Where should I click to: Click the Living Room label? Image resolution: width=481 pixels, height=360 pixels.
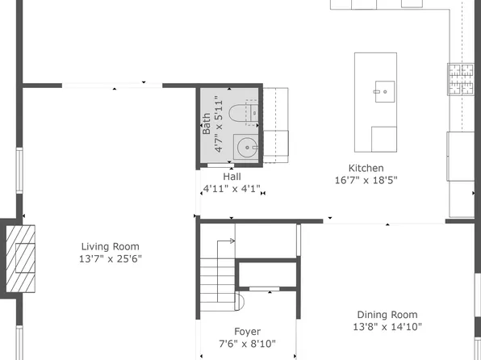(110, 247)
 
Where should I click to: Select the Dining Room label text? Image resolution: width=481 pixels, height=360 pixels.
(387, 315)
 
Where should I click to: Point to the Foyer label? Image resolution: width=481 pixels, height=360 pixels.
(247, 332)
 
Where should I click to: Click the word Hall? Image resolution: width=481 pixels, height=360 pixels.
(232, 177)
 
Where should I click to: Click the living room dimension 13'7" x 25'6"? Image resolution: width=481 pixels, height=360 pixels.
(110, 260)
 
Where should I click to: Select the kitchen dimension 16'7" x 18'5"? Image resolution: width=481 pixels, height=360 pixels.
(366, 180)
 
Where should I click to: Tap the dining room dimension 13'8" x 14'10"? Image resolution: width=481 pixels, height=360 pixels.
(387, 327)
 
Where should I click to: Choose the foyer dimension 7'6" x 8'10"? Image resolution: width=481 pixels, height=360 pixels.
(247, 344)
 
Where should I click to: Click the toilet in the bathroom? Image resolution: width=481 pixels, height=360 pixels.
(243, 114)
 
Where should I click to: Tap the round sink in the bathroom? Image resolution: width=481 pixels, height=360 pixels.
(247, 148)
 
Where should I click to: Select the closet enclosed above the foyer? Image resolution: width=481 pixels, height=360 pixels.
(267, 274)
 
